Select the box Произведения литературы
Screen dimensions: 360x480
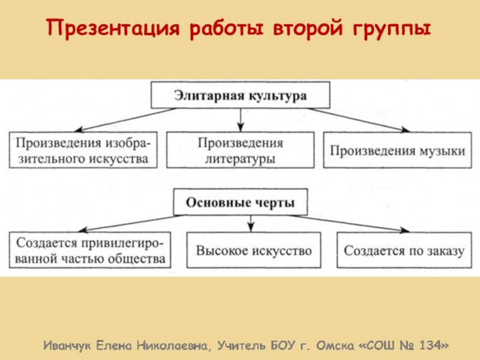(240, 151)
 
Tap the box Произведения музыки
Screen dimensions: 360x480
(396, 151)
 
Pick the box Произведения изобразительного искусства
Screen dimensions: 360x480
(83, 151)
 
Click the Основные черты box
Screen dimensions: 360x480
(240, 202)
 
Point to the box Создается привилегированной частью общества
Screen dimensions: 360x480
(89, 251)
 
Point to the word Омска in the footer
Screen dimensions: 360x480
(332, 346)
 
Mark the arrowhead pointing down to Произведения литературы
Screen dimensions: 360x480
(240, 125)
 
